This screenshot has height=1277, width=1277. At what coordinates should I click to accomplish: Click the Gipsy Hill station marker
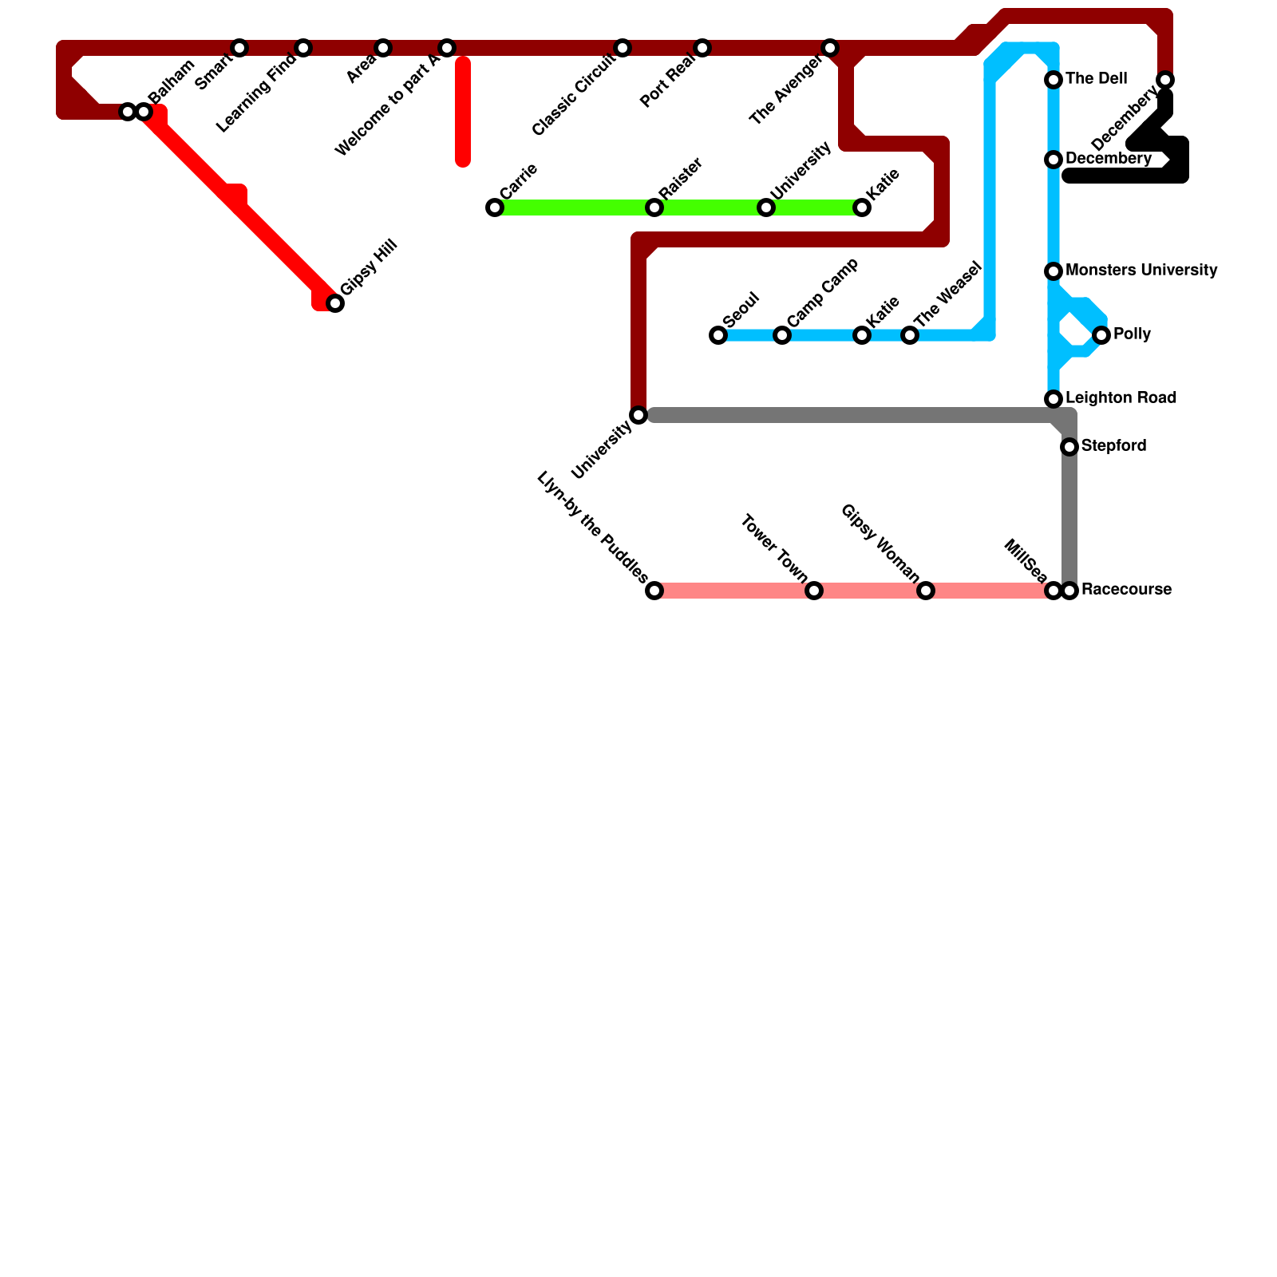(x=335, y=303)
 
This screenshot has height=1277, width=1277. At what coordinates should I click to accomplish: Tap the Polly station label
(x=1132, y=334)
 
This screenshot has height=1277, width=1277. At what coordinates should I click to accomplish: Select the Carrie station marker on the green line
(x=495, y=208)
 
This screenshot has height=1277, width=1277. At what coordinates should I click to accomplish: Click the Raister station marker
(x=654, y=208)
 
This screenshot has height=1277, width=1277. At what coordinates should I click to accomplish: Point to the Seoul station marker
(x=718, y=335)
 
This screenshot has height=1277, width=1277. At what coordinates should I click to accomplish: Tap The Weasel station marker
(x=910, y=335)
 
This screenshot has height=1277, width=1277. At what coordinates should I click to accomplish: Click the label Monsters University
(x=1141, y=271)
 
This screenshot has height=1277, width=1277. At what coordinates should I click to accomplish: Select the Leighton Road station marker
(x=1054, y=399)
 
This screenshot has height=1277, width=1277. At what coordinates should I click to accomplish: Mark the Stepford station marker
(x=1069, y=447)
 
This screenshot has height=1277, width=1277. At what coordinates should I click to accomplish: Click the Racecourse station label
(x=1126, y=590)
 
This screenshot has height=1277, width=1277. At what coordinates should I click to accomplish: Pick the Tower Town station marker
(x=814, y=591)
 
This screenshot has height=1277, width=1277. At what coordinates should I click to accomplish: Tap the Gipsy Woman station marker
(x=926, y=591)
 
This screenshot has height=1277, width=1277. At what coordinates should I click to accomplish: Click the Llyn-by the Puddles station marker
(x=654, y=591)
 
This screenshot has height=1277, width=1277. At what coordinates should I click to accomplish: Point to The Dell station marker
(x=1054, y=80)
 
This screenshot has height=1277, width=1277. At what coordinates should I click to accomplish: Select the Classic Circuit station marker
(x=623, y=48)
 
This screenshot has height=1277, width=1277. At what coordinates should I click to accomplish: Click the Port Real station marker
(x=702, y=48)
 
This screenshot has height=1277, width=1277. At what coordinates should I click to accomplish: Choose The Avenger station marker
(x=830, y=48)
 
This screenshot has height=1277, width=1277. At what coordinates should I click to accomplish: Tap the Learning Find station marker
(x=303, y=48)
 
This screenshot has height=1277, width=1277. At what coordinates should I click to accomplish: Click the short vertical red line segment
(x=463, y=112)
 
